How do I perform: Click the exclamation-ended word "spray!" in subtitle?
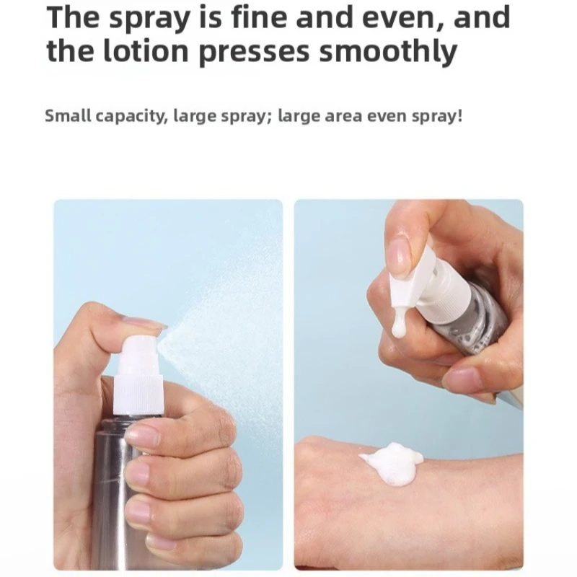(438, 116)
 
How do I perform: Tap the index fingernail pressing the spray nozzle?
(144, 322)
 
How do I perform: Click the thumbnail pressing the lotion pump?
(399, 256)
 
